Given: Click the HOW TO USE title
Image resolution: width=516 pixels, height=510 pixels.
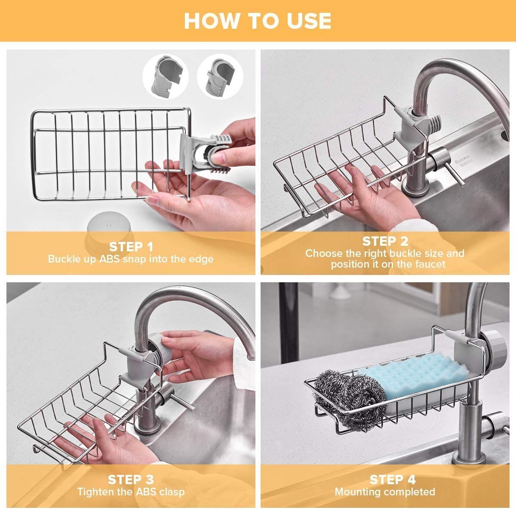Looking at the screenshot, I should pyautogui.click(x=258, y=21).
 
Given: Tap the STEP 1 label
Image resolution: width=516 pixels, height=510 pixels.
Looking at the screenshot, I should pyautogui.click(x=131, y=247).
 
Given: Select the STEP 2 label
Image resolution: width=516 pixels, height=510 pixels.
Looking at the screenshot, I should pyautogui.click(x=385, y=241).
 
